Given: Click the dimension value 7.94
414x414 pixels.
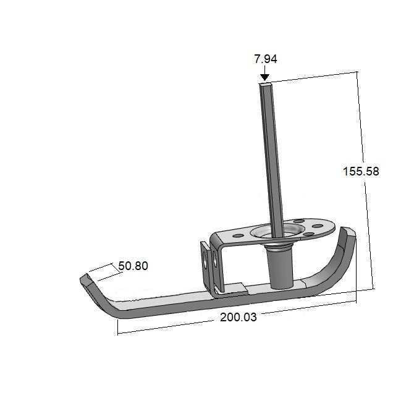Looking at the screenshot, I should click(265, 60).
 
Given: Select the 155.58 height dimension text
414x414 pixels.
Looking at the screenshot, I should click(361, 172).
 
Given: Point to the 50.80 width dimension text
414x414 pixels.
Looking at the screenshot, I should click(133, 266).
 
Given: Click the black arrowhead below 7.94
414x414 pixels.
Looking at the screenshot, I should click(265, 77).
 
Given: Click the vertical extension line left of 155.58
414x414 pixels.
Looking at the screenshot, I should click(366, 185).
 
